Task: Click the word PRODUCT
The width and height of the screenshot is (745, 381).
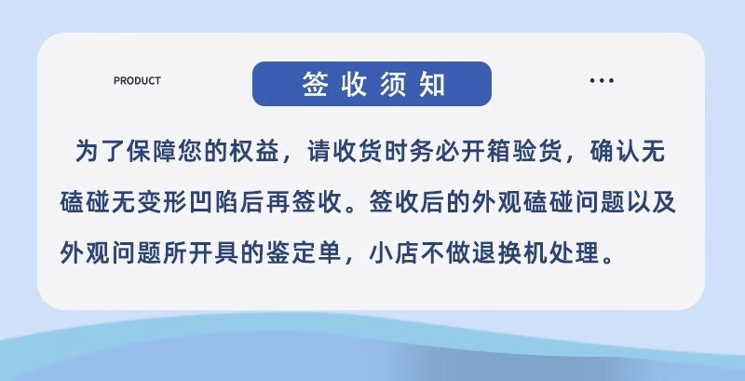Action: pos(137,81)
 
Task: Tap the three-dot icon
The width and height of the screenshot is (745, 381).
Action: pos(602,81)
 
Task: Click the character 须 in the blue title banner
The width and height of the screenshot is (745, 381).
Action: pos(392,85)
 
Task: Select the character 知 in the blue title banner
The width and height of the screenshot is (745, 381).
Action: pos(432,85)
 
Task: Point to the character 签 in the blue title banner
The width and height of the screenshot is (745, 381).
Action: pos(315,85)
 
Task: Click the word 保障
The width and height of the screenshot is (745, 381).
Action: pos(152,153)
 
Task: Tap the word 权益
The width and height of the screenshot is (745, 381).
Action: pos(254,153)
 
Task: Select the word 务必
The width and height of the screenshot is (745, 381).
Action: pos(435,153)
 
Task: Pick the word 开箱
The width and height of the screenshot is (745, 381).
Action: pos(486,153)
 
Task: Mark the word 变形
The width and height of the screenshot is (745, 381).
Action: pos(164,204)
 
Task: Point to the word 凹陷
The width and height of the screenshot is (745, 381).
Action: pos(215,204)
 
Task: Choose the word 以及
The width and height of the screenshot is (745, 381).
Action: pos(651,204)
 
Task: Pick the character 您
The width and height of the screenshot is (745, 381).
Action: pos(190,153)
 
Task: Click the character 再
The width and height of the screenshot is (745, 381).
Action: pos(278,204)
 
